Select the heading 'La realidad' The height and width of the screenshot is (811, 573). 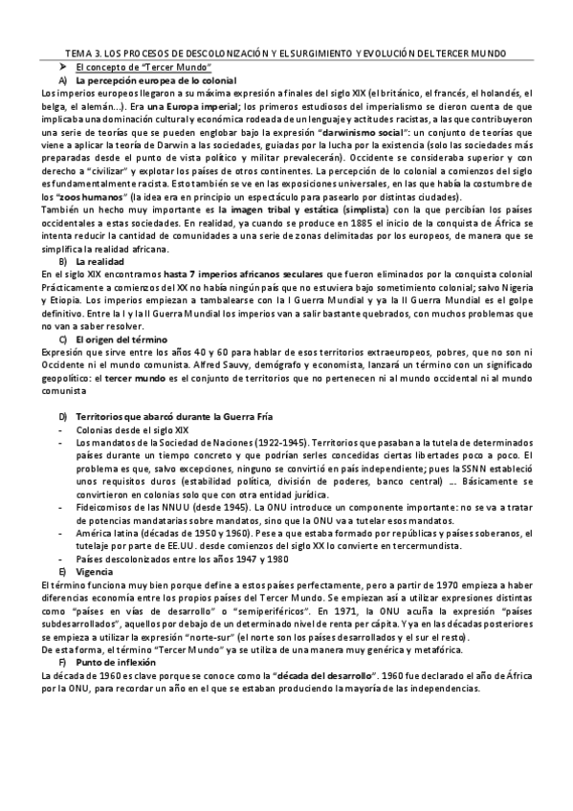[99, 261]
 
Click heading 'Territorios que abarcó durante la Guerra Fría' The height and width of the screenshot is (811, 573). [154, 416]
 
